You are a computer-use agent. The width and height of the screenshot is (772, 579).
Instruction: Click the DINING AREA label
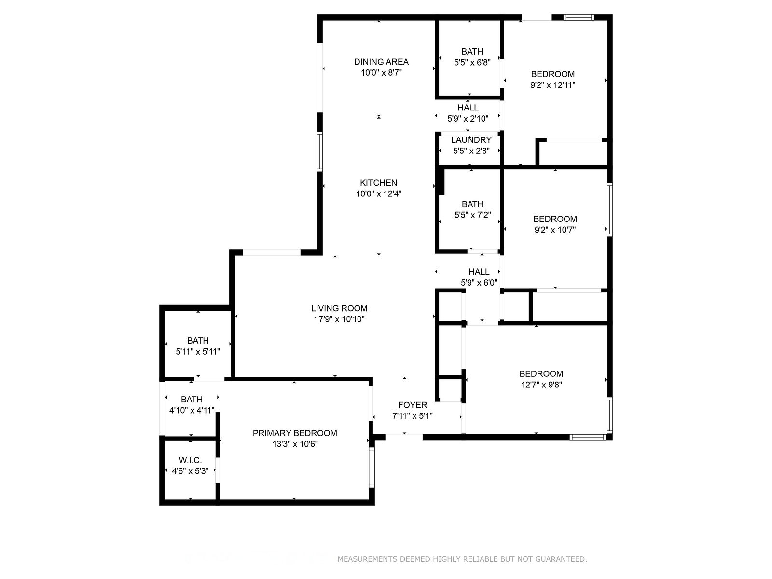(381, 62)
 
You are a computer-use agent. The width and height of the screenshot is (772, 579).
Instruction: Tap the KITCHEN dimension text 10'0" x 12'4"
(379, 193)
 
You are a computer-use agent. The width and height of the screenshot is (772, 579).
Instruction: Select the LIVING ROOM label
(339, 308)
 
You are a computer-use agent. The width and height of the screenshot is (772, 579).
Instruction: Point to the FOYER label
(413, 405)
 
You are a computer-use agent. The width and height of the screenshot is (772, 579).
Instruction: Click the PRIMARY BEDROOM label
(295, 433)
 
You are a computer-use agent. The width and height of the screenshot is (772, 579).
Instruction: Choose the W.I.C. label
(190, 460)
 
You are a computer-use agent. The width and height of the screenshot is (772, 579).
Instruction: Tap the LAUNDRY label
(471, 140)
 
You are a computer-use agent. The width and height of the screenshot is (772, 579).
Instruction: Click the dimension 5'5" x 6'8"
(472, 63)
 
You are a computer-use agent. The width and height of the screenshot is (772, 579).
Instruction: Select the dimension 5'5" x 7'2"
(472, 215)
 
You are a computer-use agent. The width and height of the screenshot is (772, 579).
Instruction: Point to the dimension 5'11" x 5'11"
(198, 352)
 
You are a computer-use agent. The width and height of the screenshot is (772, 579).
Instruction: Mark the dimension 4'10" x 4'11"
(192, 410)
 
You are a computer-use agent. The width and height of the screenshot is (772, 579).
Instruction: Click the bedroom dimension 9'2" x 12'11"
(552, 85)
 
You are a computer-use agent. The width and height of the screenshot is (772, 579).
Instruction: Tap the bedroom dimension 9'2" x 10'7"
(555, 230)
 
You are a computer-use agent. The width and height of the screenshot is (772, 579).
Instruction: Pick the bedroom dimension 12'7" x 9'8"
(541, 385)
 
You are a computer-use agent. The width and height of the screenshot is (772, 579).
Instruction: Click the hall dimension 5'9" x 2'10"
(468, 119)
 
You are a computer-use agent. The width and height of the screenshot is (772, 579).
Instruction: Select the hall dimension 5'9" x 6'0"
(479, 283)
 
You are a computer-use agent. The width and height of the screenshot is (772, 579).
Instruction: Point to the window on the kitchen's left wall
(319, 152)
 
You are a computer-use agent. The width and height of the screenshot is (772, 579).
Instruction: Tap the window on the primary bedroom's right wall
(372, 467)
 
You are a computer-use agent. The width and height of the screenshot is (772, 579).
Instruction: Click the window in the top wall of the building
(579, 17)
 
